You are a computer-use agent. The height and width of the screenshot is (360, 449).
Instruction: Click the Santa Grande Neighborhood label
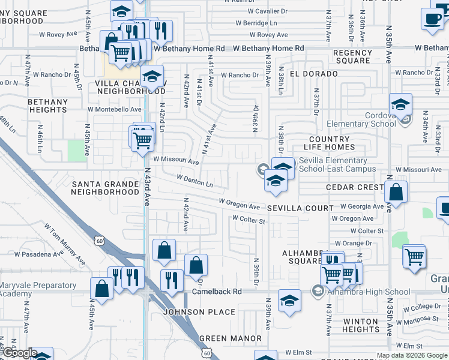point(105,187)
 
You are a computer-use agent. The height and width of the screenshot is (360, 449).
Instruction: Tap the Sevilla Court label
point(300,208)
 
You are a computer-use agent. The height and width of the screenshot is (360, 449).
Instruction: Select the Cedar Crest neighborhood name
point(354,188)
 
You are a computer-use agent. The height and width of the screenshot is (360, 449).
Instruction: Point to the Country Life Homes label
point(330,143)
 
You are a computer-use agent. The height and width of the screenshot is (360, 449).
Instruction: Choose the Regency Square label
point(353,56)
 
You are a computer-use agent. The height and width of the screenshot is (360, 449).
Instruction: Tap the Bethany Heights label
point(47,106)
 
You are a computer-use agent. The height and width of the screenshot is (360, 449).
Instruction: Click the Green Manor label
point(231,338)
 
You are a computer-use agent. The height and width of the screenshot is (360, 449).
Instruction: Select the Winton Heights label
point(361,325)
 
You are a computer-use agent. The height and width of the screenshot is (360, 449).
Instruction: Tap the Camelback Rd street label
point(217,292)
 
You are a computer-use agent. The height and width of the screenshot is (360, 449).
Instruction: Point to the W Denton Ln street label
point(195,181)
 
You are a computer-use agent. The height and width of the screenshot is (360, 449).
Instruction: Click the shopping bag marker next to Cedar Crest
point(396,193)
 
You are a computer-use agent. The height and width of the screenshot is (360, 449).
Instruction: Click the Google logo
point(19,353)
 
